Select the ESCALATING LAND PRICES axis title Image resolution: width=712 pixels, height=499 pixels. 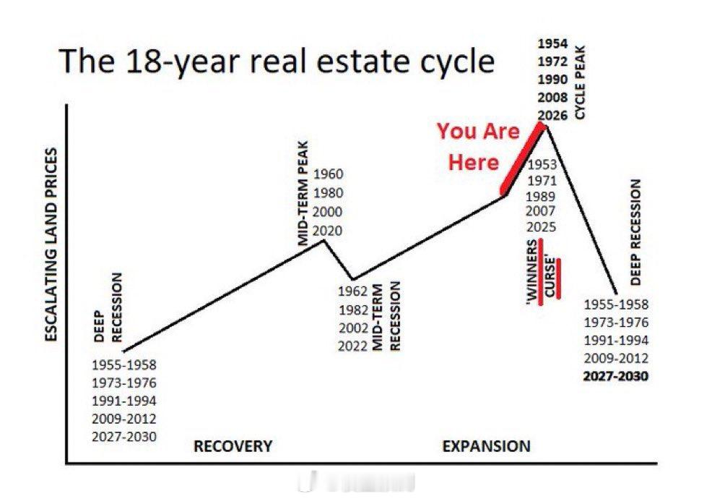pos(51,247)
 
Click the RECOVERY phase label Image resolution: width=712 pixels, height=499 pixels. pos(233,446)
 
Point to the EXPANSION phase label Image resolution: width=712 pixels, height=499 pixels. pos(486,446)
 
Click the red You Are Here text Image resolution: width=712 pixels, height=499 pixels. pos(477,147)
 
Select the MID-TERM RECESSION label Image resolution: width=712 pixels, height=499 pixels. pos(385,317)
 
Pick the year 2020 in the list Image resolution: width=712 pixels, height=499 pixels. pos(329,231)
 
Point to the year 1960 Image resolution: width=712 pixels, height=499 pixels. pos(329,174)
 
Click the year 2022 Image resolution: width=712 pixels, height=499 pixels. pos(352,346)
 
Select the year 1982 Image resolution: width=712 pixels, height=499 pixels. pos(352,309)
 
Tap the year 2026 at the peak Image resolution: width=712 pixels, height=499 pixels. pos(552,115)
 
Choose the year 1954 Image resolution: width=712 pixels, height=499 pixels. pos(552,43)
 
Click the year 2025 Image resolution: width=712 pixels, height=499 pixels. pos(542,227)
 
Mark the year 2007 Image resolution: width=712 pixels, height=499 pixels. pos(542,211)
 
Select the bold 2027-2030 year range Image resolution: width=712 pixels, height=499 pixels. pos(616,377)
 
